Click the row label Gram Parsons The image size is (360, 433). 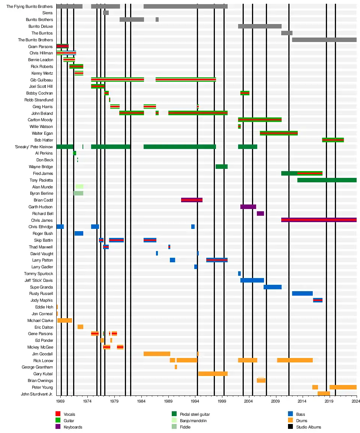point(40,47)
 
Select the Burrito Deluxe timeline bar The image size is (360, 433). point(259,26)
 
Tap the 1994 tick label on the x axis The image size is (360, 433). point(195,401)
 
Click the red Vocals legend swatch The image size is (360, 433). point(58,414)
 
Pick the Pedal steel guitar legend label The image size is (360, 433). point(195,414)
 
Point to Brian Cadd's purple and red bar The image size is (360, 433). point(192,200)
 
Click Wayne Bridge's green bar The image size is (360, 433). point(221,167)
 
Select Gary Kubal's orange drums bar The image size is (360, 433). point(213,374)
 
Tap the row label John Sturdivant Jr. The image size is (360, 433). point(37,394)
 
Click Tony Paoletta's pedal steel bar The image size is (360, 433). point(327,180)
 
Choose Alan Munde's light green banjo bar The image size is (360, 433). point(79,186)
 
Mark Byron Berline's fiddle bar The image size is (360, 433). point(78,193)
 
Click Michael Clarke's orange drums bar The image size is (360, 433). point(64,320)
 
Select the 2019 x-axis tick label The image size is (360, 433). point(329,401)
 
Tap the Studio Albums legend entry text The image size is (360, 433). point(308,427)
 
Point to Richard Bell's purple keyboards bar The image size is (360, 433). point(260,213)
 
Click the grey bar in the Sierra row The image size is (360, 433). point(106,13)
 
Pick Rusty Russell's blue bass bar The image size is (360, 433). point(302,293)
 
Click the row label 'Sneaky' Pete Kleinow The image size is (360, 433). point(34,147)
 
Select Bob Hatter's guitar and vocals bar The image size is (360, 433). point(333,140)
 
